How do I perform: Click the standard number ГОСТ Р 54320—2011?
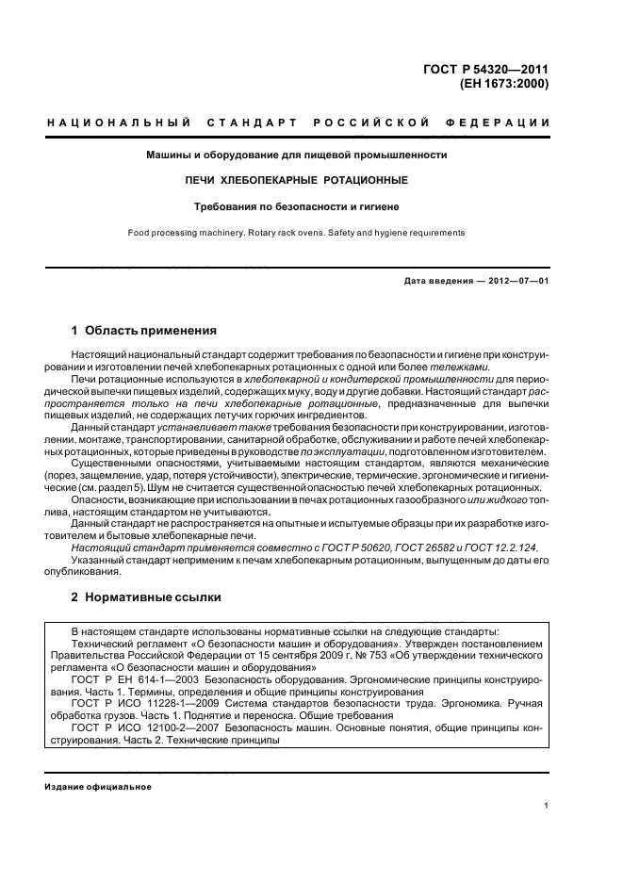(x=492, y=68)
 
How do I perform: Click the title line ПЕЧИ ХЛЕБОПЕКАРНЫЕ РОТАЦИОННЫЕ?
(x=296, y=179)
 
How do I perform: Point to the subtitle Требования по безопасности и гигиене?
(x=296, y=205)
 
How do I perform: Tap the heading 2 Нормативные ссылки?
(x=146, y=598)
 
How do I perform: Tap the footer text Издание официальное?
(x=98, y=787)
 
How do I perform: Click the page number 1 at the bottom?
(x=547, y=806)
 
